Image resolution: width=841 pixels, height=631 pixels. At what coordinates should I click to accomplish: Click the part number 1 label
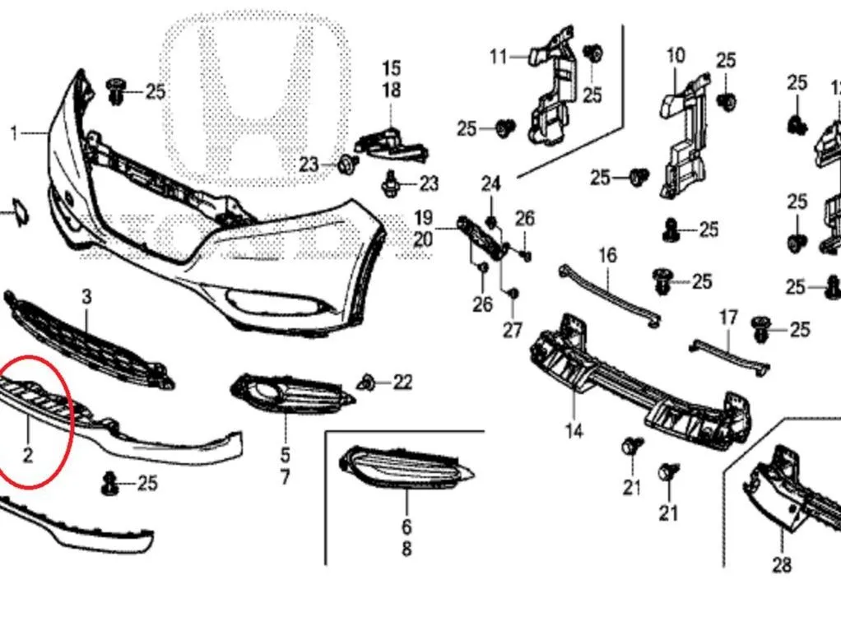[14, 133]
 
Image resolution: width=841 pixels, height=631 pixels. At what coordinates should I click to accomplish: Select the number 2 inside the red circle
[28, 455]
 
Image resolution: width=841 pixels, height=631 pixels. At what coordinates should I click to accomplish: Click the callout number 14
[574, 430]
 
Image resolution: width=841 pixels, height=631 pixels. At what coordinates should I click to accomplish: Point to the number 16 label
[607, 255]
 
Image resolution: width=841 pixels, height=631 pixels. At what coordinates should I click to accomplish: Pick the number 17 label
[727, 318]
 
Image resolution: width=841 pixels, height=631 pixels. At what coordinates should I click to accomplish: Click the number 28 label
[782, 564]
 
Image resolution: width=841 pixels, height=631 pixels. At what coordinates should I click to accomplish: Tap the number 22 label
[402, 383]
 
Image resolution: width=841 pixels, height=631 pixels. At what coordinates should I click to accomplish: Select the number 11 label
[499, 56]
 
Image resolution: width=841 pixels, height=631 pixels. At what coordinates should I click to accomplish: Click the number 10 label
[676, 55]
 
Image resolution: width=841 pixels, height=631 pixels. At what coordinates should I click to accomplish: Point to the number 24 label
[490, 184]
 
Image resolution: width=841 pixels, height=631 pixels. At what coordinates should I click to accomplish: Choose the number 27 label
[512, 329]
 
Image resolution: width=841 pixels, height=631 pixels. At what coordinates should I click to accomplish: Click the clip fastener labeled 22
[367, 383]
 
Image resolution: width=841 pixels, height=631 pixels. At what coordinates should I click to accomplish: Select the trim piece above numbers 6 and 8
[406, 469]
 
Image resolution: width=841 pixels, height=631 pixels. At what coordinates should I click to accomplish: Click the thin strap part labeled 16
[609, 295]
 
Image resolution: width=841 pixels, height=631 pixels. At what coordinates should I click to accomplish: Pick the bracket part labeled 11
[552, 89]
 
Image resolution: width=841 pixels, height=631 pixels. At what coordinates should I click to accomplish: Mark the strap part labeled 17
[729, 355]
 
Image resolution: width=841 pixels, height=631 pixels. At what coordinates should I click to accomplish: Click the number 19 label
[423, 218]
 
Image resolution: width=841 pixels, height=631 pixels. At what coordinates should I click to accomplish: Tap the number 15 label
[392, 68]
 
